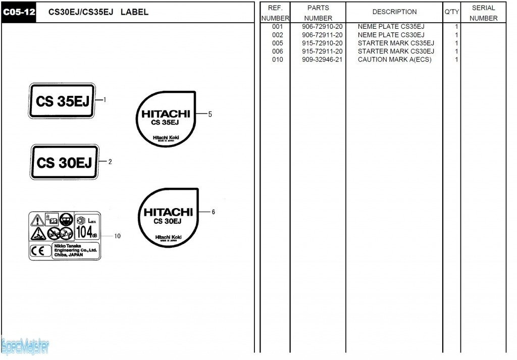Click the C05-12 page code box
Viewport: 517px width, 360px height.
click(19, 12)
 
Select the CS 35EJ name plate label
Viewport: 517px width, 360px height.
click(62, 101)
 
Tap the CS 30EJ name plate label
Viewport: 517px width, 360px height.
click(64, 163)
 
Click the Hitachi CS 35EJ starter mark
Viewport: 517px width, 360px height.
click(166, 119)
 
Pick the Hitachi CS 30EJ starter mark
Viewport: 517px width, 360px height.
click(168, 217)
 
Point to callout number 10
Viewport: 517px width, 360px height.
click(117, 236)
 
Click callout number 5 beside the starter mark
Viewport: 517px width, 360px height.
click(210, 114)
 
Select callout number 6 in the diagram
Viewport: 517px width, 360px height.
click(213, 212)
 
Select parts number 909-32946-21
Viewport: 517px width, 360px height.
click(322, 60)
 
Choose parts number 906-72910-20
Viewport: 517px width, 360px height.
click(322, 27)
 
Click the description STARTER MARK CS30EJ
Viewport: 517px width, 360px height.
click(396, 52)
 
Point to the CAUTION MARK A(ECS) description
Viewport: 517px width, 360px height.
click(394, 60)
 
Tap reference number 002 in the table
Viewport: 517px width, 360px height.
click(277, 35)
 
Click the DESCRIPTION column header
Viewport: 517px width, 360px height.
click(394, 12)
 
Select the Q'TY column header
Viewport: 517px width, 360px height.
click(451, 12)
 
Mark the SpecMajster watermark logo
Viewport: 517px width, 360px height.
click(25, 346)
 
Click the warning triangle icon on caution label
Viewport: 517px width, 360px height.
click(37, 220)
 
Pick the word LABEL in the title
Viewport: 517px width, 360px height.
click(134, 12)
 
